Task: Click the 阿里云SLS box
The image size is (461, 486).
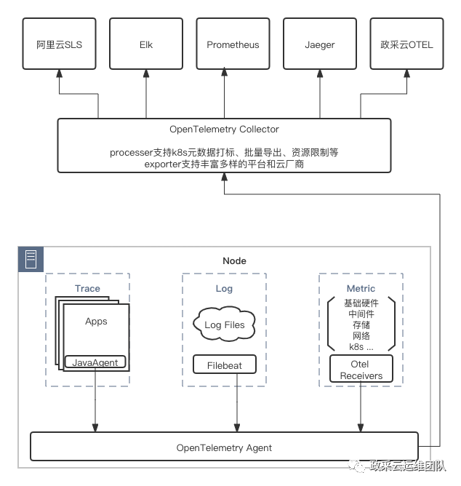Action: (x=59, y=45)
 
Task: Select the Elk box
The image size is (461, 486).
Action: (x=146, y=45)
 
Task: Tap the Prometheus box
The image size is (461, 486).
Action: (x=233, y=45)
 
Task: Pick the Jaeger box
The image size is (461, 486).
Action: (x=320, y=45)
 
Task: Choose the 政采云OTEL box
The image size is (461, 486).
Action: (x=406, y=45)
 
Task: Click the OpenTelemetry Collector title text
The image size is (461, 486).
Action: (x=224, y=130)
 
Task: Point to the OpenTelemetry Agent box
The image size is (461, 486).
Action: (x=224, y=447)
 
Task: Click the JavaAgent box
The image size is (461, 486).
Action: (x=95, y=362)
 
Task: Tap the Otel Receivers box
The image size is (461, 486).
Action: (x=361, y=370)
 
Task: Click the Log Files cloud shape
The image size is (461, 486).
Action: (x=225, y=325)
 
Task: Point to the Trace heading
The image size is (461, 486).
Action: (x=87, y=288)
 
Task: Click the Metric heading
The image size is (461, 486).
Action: (x=361, y=288)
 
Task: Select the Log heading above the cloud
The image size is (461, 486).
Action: (x=224, y=288)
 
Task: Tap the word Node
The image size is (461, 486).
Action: (x=234, y=260)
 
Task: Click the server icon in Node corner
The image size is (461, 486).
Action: (x=31, y=259)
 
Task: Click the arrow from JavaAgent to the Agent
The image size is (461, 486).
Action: (x=95, y=407)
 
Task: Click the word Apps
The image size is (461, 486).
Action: (x=96, y=321)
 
